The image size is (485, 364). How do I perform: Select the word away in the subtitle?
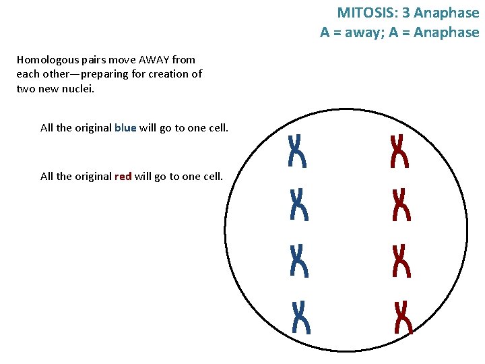pos(364,32)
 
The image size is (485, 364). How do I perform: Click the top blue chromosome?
pos(297,150)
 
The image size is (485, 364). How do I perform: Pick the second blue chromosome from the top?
pos(298,204)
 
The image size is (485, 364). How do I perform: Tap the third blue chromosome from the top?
pos(298,260)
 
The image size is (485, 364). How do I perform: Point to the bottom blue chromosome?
pos(301,317)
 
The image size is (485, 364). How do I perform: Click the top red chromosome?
pos(399,150)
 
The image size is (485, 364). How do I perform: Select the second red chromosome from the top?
pos(401,204)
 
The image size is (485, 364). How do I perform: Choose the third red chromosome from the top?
pos(401,260)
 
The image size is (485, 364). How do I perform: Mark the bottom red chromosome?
pos(403,317)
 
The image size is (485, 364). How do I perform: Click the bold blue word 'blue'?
pos(125,127)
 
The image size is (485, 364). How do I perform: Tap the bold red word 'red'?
pos(123,176)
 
